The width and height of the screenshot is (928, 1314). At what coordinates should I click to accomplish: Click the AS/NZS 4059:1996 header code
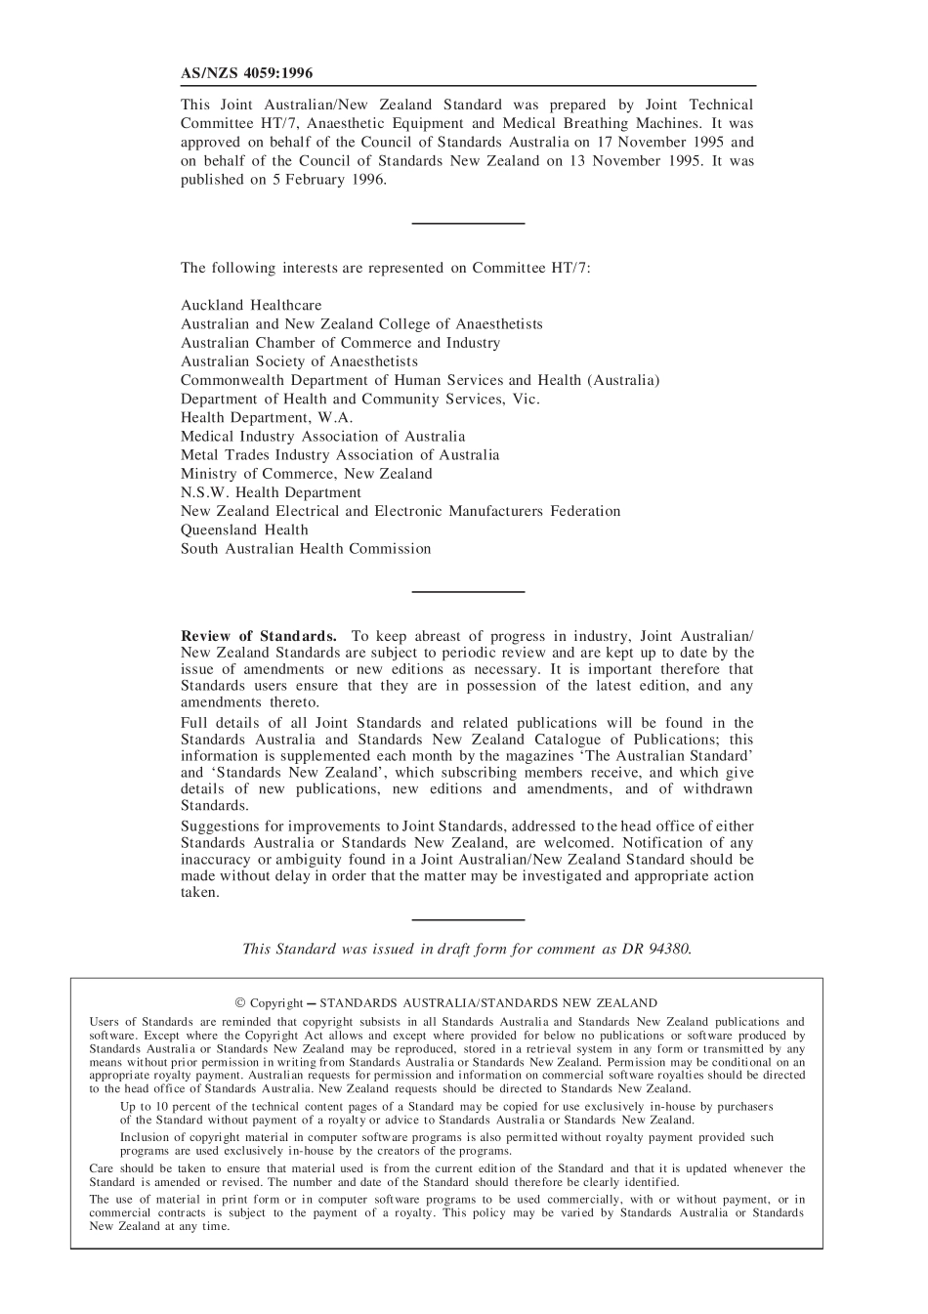click(x=247, y=73)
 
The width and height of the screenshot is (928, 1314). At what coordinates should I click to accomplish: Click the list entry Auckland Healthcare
click(x=251, y=305)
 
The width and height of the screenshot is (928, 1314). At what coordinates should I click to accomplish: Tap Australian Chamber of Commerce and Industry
click(x=340, y=343)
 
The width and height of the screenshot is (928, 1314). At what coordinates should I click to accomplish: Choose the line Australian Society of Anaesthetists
click(x=299, y=361)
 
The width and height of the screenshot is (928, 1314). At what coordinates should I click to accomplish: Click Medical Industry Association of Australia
click(x=322, y=436)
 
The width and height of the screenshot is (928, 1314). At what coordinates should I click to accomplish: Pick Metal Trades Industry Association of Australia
click(x=340, y=454)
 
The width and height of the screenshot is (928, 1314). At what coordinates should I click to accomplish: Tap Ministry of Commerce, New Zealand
click(x=306, y=474)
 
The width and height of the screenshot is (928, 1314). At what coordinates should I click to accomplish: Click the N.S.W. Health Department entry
click(x=271, y=492)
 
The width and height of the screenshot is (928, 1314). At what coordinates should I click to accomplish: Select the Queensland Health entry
click(x=244, y=530)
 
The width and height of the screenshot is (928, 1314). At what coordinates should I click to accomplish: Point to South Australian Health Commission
click(x=306, y=548)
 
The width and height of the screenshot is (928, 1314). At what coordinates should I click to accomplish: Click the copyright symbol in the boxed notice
click(x=240, y=1002)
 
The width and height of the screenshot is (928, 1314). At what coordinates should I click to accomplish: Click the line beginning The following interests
click(x=385, y=268)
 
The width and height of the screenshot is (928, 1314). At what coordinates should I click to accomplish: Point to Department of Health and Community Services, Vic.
click(x=359, y=399)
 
